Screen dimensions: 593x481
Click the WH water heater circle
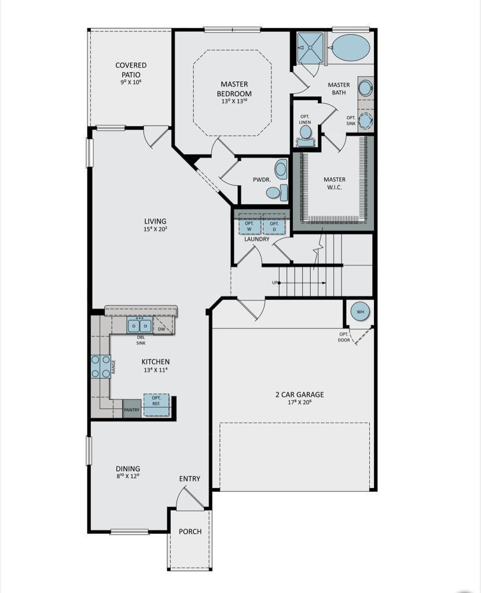[361, 312]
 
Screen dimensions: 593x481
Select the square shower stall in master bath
[311, 47]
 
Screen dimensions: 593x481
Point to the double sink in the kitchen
[139, 326]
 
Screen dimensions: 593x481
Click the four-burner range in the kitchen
[100, 367]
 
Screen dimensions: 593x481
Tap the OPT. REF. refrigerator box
[156, 404]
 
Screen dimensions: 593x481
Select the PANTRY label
[131, 410]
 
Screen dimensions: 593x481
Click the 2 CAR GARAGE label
[299, 395]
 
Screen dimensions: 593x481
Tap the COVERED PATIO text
[131, 70]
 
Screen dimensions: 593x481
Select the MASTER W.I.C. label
[335, 184]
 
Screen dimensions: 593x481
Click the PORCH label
[190, 532]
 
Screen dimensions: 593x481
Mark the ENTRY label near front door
[189, 478]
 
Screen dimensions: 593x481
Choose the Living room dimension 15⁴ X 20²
[155, 229]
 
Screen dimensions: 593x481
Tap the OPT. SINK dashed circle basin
[365, 121]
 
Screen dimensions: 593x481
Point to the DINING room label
[128, 469]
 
